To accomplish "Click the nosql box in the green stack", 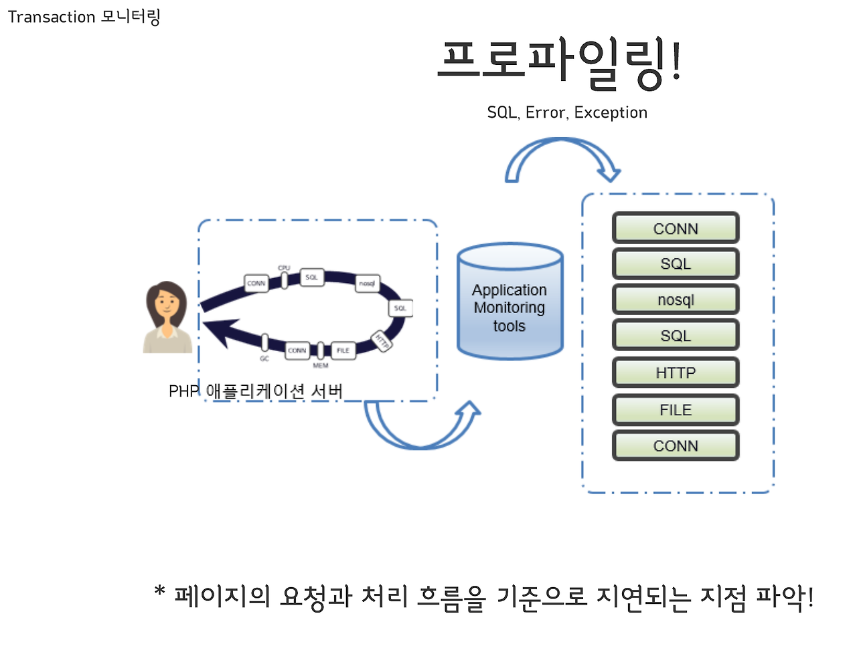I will point(676,300).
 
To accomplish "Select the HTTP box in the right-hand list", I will point(676,372).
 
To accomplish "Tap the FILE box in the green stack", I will point(676,410).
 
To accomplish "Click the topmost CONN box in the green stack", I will point(676,228).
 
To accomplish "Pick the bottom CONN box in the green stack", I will point(676,446).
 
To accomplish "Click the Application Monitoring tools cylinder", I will point(510,304).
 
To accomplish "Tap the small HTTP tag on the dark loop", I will point(382,340).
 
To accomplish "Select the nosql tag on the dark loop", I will point(367,284).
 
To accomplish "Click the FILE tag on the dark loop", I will point(343,350).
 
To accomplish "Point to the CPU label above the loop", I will point(284,267).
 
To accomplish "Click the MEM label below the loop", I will point(321,366).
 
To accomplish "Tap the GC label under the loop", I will point(264,359).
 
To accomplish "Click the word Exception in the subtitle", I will point(611,112).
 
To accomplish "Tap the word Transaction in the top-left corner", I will point(52,17).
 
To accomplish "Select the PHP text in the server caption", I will point(183,391).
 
